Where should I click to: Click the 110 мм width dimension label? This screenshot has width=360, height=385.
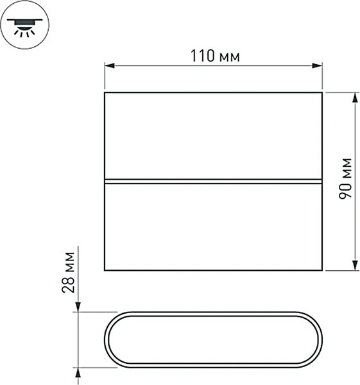click(214, 56)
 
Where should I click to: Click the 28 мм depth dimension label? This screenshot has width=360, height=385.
click(69, 273)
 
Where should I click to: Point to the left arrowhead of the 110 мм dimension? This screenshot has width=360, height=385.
click(110, 65)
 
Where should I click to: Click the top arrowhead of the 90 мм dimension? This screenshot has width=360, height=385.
click(354, 98)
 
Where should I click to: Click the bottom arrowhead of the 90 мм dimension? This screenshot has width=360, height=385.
click(354, 265)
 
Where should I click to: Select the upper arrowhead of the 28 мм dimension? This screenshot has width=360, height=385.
click(78, 308)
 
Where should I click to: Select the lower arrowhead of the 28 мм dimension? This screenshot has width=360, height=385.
click(78, 373)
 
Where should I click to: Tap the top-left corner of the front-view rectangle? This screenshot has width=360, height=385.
click(105, 93)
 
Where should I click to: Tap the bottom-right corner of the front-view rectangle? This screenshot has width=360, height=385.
click(321, 270)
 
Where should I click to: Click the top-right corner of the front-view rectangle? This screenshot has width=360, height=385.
click(321, 93)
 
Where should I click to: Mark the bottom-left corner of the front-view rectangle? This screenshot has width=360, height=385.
click(105, 270)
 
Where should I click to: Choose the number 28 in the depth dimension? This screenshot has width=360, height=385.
click(69, 282)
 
